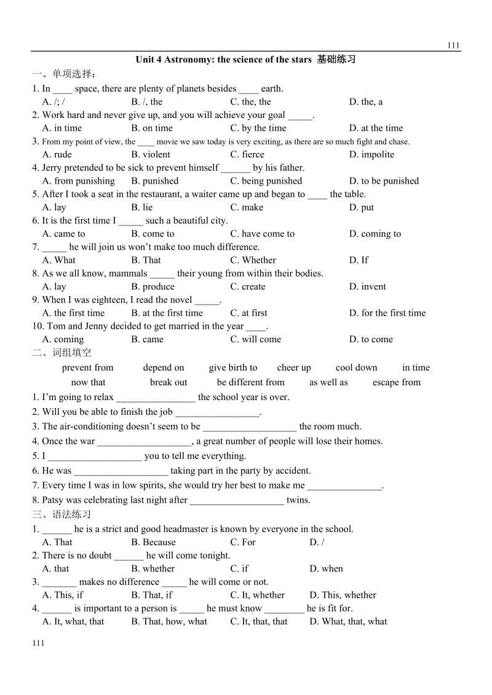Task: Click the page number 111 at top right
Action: point(453,45)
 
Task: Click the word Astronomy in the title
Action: point(188,60)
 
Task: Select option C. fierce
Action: point(247,154)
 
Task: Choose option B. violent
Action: point(151,154)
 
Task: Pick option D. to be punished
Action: point(384,181)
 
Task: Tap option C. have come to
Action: point(262,234)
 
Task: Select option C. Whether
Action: point(253,260)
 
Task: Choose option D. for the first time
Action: point(387,313)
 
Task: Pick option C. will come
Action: point(255,339)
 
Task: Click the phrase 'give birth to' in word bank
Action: point(233,367)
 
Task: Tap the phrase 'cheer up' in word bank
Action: point(294,367)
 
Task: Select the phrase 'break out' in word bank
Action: point(169,382)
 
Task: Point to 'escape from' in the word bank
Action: point(397,382)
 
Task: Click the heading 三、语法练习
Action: point(61,514)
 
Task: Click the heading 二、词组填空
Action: point(61,353)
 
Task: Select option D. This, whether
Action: point(343,595)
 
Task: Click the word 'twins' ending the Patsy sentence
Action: point(298,500)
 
